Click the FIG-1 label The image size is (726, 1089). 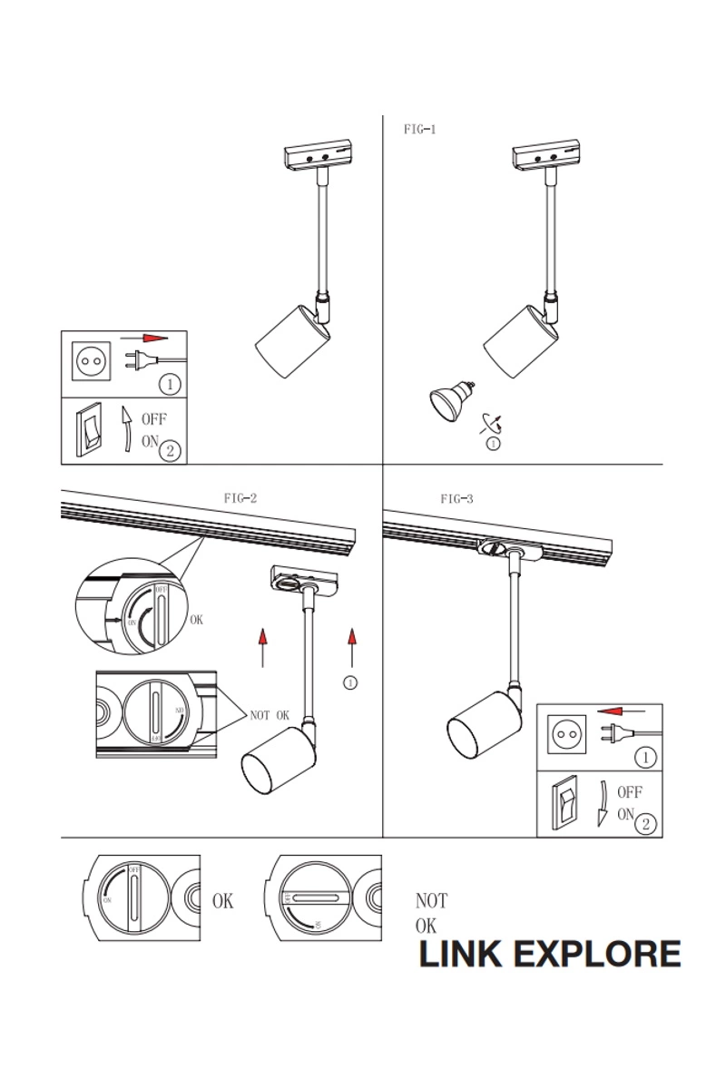(x=420, y=130)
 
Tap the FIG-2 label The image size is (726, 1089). (x=240, y=497)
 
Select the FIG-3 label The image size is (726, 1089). (x=456, y=498)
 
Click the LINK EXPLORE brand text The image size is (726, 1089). (x=549, y=955)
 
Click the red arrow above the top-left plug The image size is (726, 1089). (x=155, y=337)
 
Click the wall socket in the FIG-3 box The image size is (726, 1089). (x=566, y=733)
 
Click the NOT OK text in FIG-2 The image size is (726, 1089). (x=270, y=715)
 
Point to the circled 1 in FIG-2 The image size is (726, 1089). (x=351, y=682)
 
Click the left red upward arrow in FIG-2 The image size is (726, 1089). (x=262, y=645)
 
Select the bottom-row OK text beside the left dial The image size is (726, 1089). (x=222, y=901)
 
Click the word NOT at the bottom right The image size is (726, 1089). (x=431, y=901)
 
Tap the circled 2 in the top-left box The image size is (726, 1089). (x=169, y=448)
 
